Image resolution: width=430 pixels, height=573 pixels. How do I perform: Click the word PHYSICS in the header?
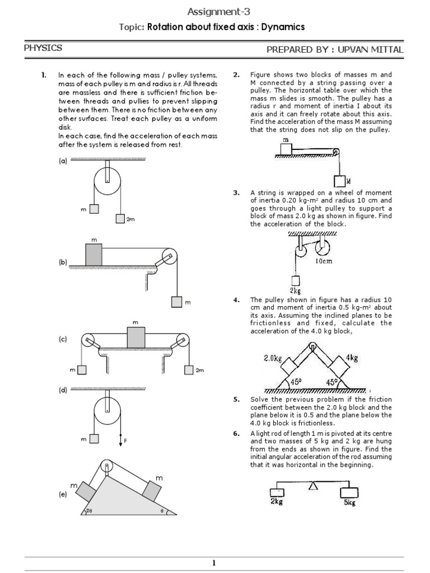pos(43,49)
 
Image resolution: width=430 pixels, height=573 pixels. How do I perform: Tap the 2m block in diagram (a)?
pos(120,219)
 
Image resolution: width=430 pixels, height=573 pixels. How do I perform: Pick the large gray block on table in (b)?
pos(94,255)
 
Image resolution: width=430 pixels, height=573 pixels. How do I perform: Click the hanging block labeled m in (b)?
pos(177,302)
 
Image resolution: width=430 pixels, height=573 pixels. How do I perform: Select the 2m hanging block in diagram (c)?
pos(188,369)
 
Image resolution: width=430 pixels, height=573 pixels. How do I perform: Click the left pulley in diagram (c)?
pos(88,341)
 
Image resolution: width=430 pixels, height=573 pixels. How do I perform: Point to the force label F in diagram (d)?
pos(125,441)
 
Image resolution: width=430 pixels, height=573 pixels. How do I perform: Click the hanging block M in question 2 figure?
pos(339,181)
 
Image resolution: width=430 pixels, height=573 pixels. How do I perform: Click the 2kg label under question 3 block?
pos(295,290)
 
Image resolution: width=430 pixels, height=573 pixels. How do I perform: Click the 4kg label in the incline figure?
pos(352,357)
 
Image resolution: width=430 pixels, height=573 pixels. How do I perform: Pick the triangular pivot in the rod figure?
pos(312,487)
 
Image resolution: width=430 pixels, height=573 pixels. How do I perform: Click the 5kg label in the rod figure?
pos(349,502)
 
